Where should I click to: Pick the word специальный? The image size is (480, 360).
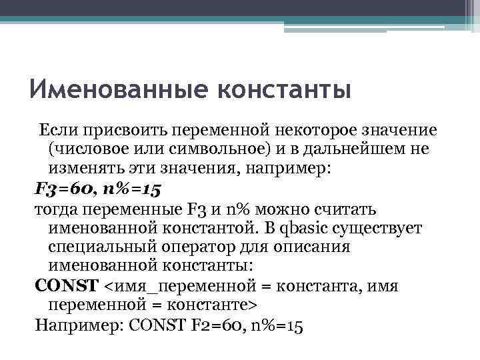[101, 247]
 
